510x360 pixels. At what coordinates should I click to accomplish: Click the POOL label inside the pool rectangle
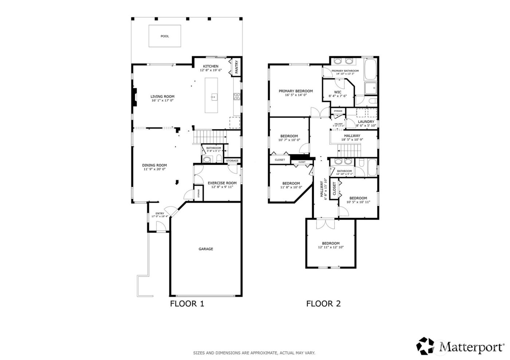[165, 36]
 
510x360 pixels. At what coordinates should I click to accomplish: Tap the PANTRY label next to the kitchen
[236, 67]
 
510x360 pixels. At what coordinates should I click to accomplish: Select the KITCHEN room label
[211, 66]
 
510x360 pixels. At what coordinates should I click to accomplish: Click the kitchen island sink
[214, 97]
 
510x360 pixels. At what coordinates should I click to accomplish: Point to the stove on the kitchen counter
[236, 96]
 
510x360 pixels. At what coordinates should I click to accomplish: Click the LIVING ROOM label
[162, 96]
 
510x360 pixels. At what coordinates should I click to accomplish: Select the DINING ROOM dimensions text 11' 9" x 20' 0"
[154, 169]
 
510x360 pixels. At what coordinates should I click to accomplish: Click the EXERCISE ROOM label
[222, 183]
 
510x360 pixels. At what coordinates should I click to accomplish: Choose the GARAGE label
[206, 249]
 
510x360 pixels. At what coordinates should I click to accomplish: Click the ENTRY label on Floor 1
[160, 213]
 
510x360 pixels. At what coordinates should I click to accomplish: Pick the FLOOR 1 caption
[187, 304]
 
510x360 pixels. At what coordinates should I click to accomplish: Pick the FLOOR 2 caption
[323, 304]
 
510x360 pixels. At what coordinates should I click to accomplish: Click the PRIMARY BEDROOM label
[296, 91]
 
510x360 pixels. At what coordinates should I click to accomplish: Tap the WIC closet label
[338, 92]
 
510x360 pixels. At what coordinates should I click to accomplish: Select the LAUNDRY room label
[366, 122]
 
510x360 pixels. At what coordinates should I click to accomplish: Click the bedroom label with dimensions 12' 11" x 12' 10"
[330, 243]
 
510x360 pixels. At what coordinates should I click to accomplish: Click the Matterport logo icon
[427, 346]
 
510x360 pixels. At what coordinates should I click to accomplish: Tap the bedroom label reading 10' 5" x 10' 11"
[358, 198]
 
